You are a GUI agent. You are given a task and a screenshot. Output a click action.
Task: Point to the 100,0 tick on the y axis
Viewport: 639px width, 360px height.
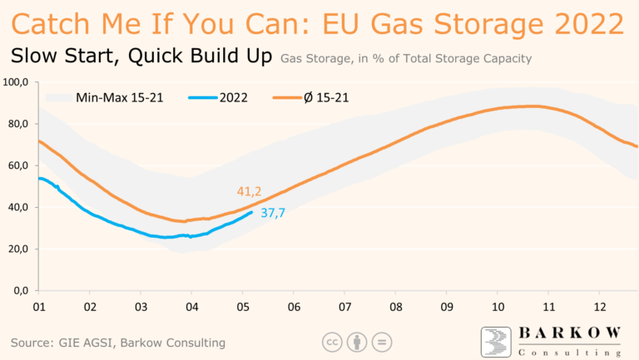pyautogui.click(x=17, y=82)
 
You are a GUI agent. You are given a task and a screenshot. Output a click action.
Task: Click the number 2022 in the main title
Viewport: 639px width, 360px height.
pyautogui.click(x=582, y=22)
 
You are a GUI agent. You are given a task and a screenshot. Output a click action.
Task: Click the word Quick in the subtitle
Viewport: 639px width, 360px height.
pyautogui.click(x=153, y=57)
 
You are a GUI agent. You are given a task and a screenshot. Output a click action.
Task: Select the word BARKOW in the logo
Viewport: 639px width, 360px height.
pyautogui.click(x=570, y=333)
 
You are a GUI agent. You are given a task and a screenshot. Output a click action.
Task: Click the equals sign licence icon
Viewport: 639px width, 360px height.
pyautogui.click(x=382, y=342)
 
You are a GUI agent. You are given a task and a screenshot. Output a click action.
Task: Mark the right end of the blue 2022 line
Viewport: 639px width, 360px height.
pyautogui.click(x=253, y=212)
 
